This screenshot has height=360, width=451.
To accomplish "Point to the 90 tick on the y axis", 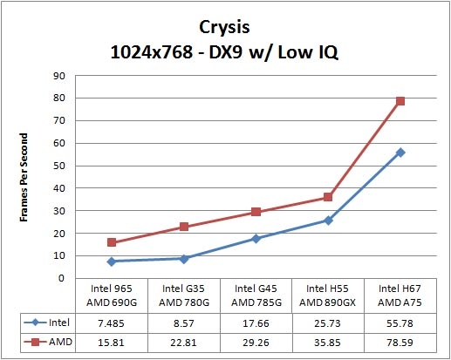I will pyautogui.click(x=59, y=76).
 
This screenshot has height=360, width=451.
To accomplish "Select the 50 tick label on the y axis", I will pyautogui.click(x=59, y=166).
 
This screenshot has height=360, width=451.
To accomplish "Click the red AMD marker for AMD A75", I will pyautogui.click(x=400, y=101).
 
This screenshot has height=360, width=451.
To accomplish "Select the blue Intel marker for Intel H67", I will pyautogui.click(x=400, y=153).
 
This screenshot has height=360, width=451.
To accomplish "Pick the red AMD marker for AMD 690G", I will pyautogui.click(x=112, y=242).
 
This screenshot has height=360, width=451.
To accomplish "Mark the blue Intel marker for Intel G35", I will pyautogui.click(x=184, y=259).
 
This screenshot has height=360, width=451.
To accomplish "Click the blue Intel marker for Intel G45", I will pyautogui.click(x=256, y=238).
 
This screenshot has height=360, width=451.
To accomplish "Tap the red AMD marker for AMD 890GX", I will pyautogui.click(x=328, y=197).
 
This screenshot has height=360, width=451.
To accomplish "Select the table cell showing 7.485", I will pyautogui.click(x=112, y=322).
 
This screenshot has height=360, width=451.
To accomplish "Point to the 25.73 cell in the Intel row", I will pyautogui.click(x=328, y=322).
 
